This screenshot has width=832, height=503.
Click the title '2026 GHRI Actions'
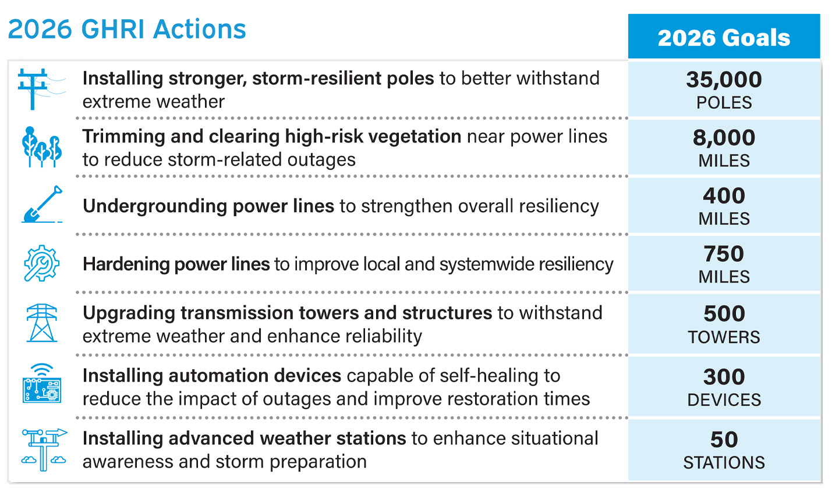(127, 29)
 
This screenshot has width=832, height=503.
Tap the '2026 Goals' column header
(724, 38)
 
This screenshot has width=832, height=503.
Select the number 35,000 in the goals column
(724, 79)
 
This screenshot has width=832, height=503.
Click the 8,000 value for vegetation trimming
(724, 137)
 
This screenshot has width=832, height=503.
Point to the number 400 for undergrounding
(724, 195)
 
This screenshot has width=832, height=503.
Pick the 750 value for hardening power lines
(724, 254)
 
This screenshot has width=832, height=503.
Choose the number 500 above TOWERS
(724, 313)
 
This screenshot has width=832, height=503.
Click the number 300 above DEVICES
(724, 377)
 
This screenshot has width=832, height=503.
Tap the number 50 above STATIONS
(724, 440)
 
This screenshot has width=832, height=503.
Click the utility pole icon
(38, 88)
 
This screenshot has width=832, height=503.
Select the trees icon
(41, 147)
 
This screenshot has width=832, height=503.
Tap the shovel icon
(42, 205)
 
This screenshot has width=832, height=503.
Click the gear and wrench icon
(41, 263)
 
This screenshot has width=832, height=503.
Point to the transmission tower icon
(42, 323)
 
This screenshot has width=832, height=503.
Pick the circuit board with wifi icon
(42, 384)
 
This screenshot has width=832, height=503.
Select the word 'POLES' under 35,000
(724, 102)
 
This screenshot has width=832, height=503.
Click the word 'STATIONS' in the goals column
(724, 462)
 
